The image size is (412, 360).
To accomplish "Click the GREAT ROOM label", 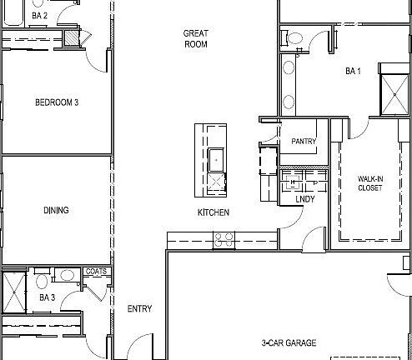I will click(x=195, y=38).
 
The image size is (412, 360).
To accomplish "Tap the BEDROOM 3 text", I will click(x=57, y=103).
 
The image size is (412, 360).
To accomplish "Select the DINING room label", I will click(x=56, y=211).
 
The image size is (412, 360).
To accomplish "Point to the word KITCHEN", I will click(x=213, y=213).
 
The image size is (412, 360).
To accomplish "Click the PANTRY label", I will click(x=303, y=142).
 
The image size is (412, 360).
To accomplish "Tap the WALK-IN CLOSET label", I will click(x=369, y=183).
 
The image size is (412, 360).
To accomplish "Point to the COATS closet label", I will click(x=95, y=272).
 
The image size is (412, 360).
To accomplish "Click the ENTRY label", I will click(x=139, y=309).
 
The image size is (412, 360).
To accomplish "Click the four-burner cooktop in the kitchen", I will click(x=224, y=239).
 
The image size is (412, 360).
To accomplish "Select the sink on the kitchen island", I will click(x=216, y=157).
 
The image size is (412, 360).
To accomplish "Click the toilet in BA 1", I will click(x=293, y=37).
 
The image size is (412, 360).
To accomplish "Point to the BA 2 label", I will click(x=39, y=15).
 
